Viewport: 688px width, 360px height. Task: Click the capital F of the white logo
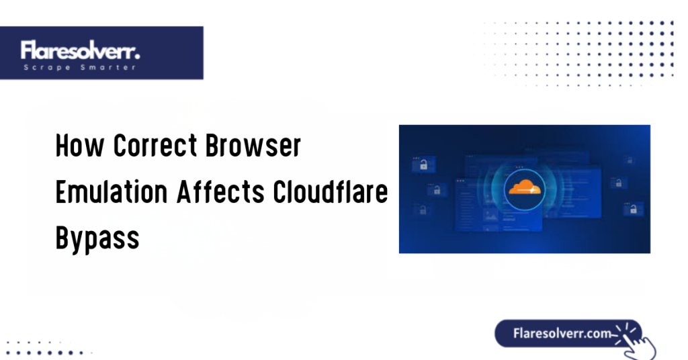point(26,51)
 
